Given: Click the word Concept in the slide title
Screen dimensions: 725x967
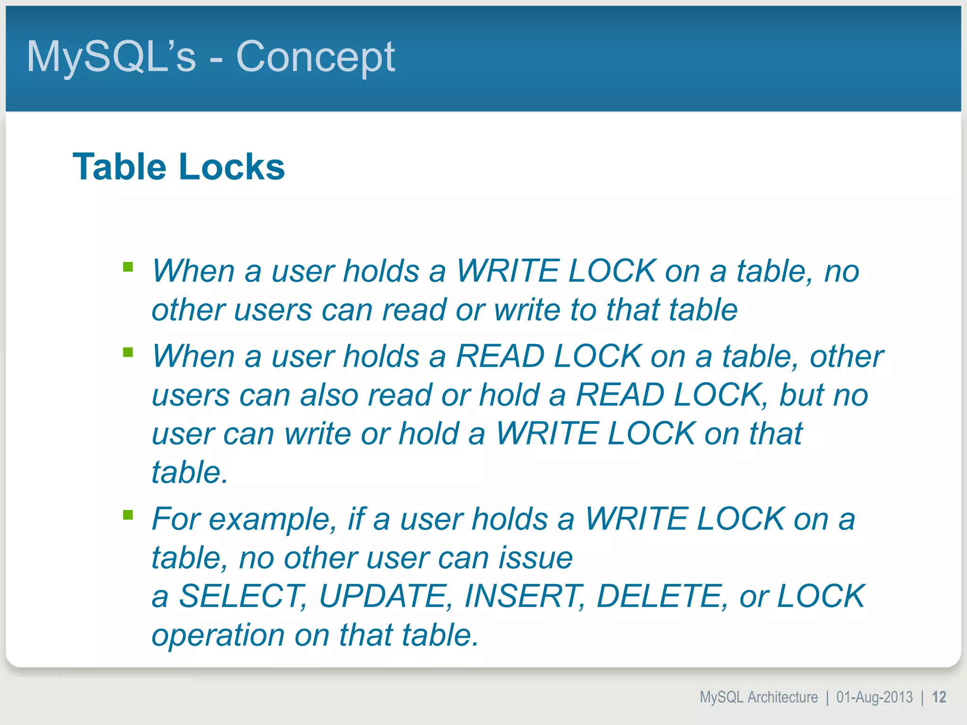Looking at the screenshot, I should (x=315, y=57).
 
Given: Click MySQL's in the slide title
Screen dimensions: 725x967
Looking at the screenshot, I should (x=111, y=57).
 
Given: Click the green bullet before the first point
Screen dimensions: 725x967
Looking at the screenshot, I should (x=127, y=268).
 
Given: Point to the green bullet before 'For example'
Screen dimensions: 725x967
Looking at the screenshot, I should (x=127, y=514).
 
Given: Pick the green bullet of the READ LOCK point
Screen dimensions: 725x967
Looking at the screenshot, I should (x=127, y=352).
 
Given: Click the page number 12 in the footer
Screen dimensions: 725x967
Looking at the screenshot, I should (x=939, y=697).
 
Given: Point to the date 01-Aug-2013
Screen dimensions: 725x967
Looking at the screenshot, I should (x=874, y=697).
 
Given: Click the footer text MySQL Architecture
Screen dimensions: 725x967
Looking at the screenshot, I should (x=758, y=697).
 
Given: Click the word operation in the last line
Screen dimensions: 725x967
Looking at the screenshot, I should (x=218, y=635).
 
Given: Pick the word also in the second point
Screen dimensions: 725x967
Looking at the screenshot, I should (x=329, y=395).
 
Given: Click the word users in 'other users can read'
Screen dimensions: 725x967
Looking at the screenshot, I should (x=272, y=310).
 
